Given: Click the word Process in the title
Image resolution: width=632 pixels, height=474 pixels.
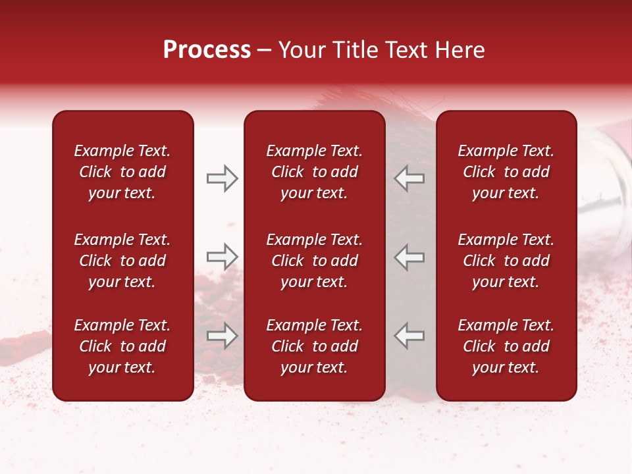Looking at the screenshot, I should point(207,50).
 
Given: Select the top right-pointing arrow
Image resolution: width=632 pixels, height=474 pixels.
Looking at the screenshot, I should point(222,178).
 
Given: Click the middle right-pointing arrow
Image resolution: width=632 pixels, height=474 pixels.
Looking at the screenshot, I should point(222,257).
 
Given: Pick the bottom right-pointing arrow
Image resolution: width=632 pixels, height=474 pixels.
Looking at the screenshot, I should point(222,336).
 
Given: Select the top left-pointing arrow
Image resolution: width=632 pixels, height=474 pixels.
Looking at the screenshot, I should point(409,178).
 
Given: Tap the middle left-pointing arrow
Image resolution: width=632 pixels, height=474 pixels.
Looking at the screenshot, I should point(409,257).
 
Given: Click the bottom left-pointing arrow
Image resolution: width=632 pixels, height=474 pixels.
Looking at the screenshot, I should point(409,336).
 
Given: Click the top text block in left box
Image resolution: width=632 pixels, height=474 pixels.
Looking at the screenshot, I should point(122,172).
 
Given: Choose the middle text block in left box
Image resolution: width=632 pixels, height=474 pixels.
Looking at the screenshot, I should point(122,261).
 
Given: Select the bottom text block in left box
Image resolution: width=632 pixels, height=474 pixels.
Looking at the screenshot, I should point(122,346).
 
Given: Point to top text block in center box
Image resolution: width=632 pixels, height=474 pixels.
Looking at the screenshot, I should point(314,172).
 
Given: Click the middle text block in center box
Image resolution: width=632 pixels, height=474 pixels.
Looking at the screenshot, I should point(314,261).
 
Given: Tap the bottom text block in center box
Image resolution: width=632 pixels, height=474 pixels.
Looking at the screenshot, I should point(314,346).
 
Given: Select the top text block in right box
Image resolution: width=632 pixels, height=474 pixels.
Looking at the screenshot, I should point(506,172).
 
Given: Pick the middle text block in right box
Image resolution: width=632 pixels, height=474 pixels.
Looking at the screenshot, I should point(506,261).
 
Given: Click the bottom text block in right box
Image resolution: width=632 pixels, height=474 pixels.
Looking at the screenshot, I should point(506,346).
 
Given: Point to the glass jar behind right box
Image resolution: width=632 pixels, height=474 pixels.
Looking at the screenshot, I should point(602,178).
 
